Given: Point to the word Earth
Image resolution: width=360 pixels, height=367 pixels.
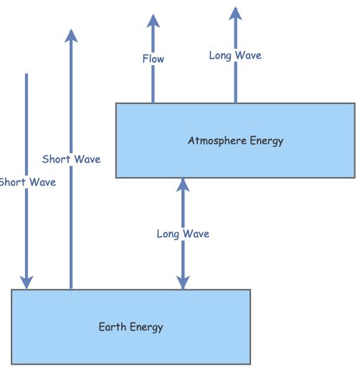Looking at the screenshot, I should tap(113, 328).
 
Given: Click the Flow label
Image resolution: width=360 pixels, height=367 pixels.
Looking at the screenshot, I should tap(153, 59).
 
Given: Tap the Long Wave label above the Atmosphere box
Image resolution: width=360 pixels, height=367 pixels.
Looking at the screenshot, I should tap(235, 54).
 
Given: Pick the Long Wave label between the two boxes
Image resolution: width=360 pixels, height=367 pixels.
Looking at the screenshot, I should tap(183, 234).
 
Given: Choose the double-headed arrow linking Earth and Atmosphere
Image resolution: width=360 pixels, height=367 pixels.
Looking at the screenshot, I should tap(183, 208).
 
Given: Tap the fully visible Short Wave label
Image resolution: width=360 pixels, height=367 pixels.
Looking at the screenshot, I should tap(71, 159).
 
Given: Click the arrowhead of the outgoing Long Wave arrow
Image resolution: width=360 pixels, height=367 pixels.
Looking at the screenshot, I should tap(235, 13).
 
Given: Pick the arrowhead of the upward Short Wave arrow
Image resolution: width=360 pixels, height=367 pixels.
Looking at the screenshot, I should tap(70, 36).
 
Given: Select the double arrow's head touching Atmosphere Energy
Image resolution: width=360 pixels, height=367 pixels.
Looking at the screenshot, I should tap(183, 184).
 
